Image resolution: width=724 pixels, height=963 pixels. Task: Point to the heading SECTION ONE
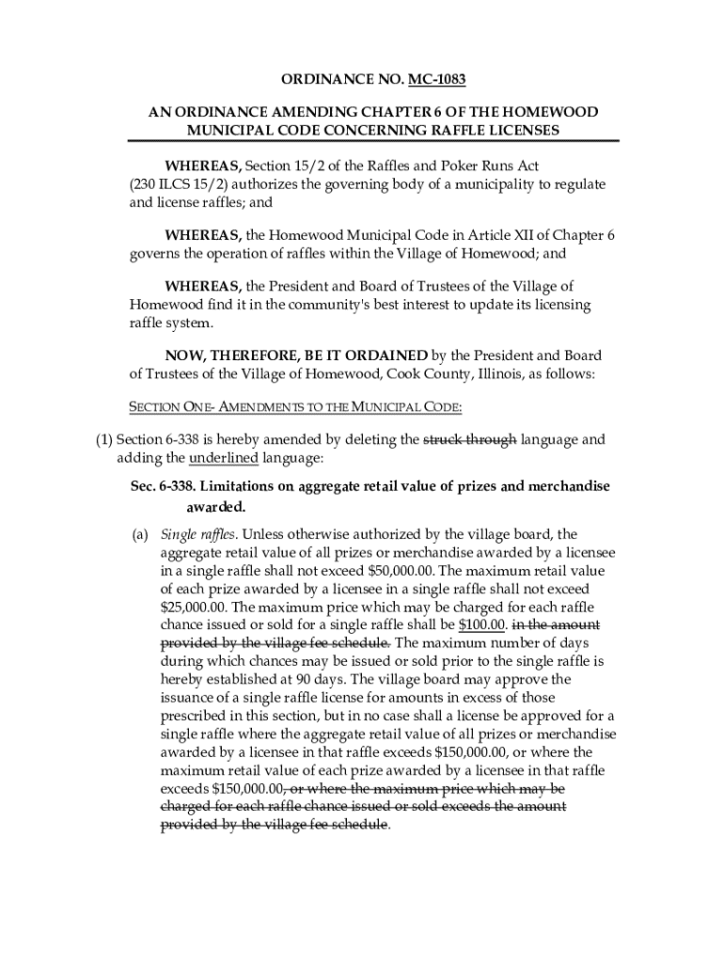pyautogui.click(x=168, y=407)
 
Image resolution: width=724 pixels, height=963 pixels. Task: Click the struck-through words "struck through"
pyautogui.click(x=470, y=438)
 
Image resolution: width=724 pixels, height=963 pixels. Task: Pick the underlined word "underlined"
pyautogui.click(x=224, y=458)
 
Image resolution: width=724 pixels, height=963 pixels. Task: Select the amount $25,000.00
pyautogui.click(x=195, y=607)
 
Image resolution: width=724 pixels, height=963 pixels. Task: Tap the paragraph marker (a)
pyautogui.click(x=139, y=535)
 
